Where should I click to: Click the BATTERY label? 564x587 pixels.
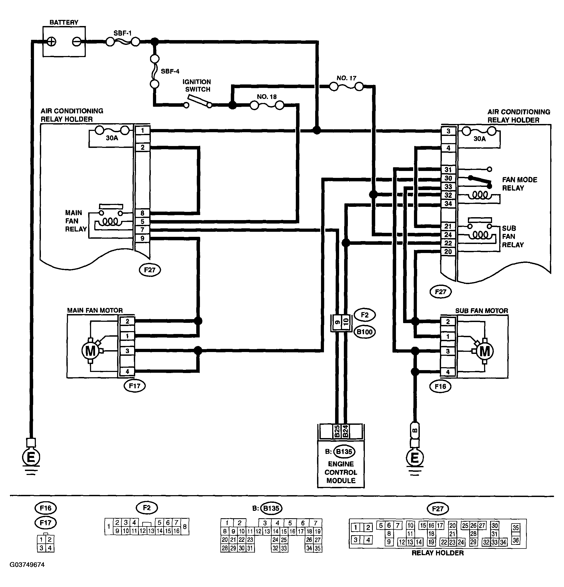pos(64,23)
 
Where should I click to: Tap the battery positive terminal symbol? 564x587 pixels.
pos(52,41)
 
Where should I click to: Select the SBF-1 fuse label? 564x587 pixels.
pos(122,33)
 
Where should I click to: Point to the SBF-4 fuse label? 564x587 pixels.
pos(170,71)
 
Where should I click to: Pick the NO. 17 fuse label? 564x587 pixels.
pos(346,78)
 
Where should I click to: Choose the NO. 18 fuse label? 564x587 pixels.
pos(267,97)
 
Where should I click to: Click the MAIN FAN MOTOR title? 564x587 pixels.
pos(95,310)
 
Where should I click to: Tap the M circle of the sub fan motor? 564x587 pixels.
pos(484,351)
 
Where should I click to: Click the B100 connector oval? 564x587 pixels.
pos(365,332)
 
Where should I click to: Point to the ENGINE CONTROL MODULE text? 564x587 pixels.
pos(341,472)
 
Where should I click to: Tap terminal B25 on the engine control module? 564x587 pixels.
pos(337,431)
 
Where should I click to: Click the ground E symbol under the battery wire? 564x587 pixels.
pos(31,457)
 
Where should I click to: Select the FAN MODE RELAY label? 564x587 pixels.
pos(519,184)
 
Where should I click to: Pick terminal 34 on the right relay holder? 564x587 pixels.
pos(448,204)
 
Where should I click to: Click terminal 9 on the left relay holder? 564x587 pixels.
pos(142,238)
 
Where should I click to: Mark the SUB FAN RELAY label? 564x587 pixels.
pos(513,237)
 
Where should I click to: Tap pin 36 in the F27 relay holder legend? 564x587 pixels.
pos(515,541)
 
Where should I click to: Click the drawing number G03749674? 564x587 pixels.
pos(27,564)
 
